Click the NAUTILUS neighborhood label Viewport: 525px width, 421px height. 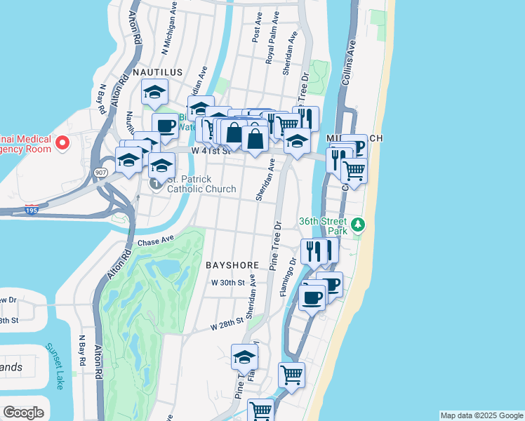coord(158,72)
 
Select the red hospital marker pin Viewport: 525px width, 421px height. coord(62,143)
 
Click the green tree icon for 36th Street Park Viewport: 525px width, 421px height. coord(359,225)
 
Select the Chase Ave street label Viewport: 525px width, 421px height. coord(155,242)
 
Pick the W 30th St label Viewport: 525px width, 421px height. coord(227,283)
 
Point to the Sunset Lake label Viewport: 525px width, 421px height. coord(55,366)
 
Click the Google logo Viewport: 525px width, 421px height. coord(23,413)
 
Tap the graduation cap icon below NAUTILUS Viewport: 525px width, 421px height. coord(155,92)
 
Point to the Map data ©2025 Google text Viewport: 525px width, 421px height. coord(481,415)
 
